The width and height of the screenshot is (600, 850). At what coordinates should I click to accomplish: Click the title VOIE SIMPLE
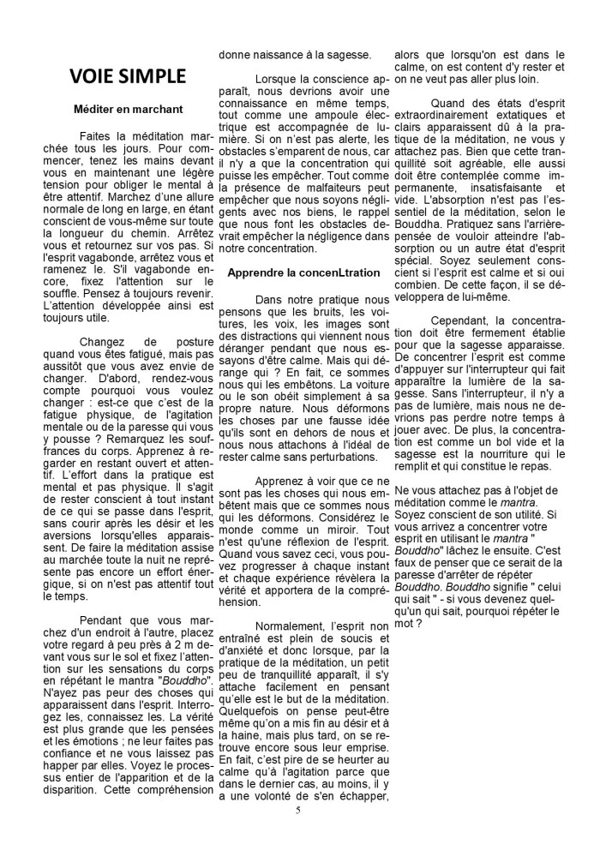point(127,75)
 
